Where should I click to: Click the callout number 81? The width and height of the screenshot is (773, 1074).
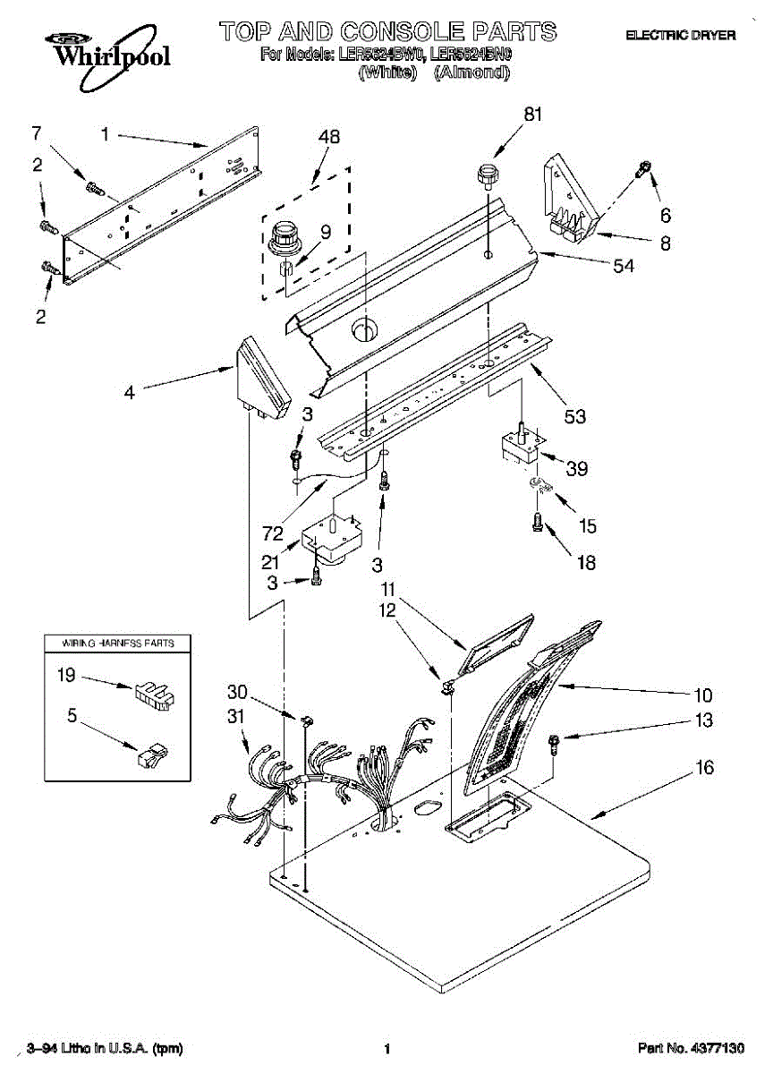click(533, 115)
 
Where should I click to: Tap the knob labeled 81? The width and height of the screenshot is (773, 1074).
click(488, 175)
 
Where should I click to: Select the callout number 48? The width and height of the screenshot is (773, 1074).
click(329, 138)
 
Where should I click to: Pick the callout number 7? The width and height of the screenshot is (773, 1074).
click(37, 133)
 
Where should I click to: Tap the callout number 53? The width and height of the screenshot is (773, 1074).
click(575, 416)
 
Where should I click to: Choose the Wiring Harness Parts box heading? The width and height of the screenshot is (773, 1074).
click(118, 644)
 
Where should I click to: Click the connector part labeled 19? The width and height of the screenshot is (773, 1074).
click(153, 695)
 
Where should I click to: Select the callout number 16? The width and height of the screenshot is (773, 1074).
click(705, 768)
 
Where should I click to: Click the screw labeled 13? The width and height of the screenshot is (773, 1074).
click(553, 739)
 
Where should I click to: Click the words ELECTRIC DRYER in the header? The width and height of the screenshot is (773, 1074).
click(681, 35)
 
